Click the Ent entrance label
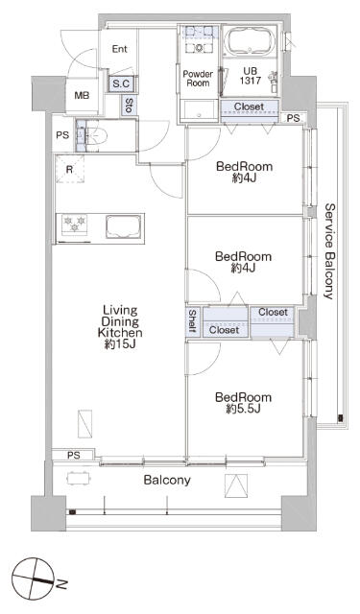tap(119, 49)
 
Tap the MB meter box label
tap(82, 95)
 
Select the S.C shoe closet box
tap(121, 83)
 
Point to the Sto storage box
tap(129, 106)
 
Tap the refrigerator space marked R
tap(70, 169)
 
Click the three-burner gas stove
tap(75, 224)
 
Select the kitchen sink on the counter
tap(123, 226)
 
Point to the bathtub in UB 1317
tap(249, 42)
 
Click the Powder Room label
tap(198, 79)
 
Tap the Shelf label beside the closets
tap(193, 321)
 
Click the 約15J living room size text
tap(119, 344)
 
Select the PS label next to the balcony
tap(73, 455)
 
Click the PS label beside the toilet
tap(61, 135)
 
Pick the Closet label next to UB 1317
tap(250, 106)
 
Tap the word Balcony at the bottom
tap(167, 480)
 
